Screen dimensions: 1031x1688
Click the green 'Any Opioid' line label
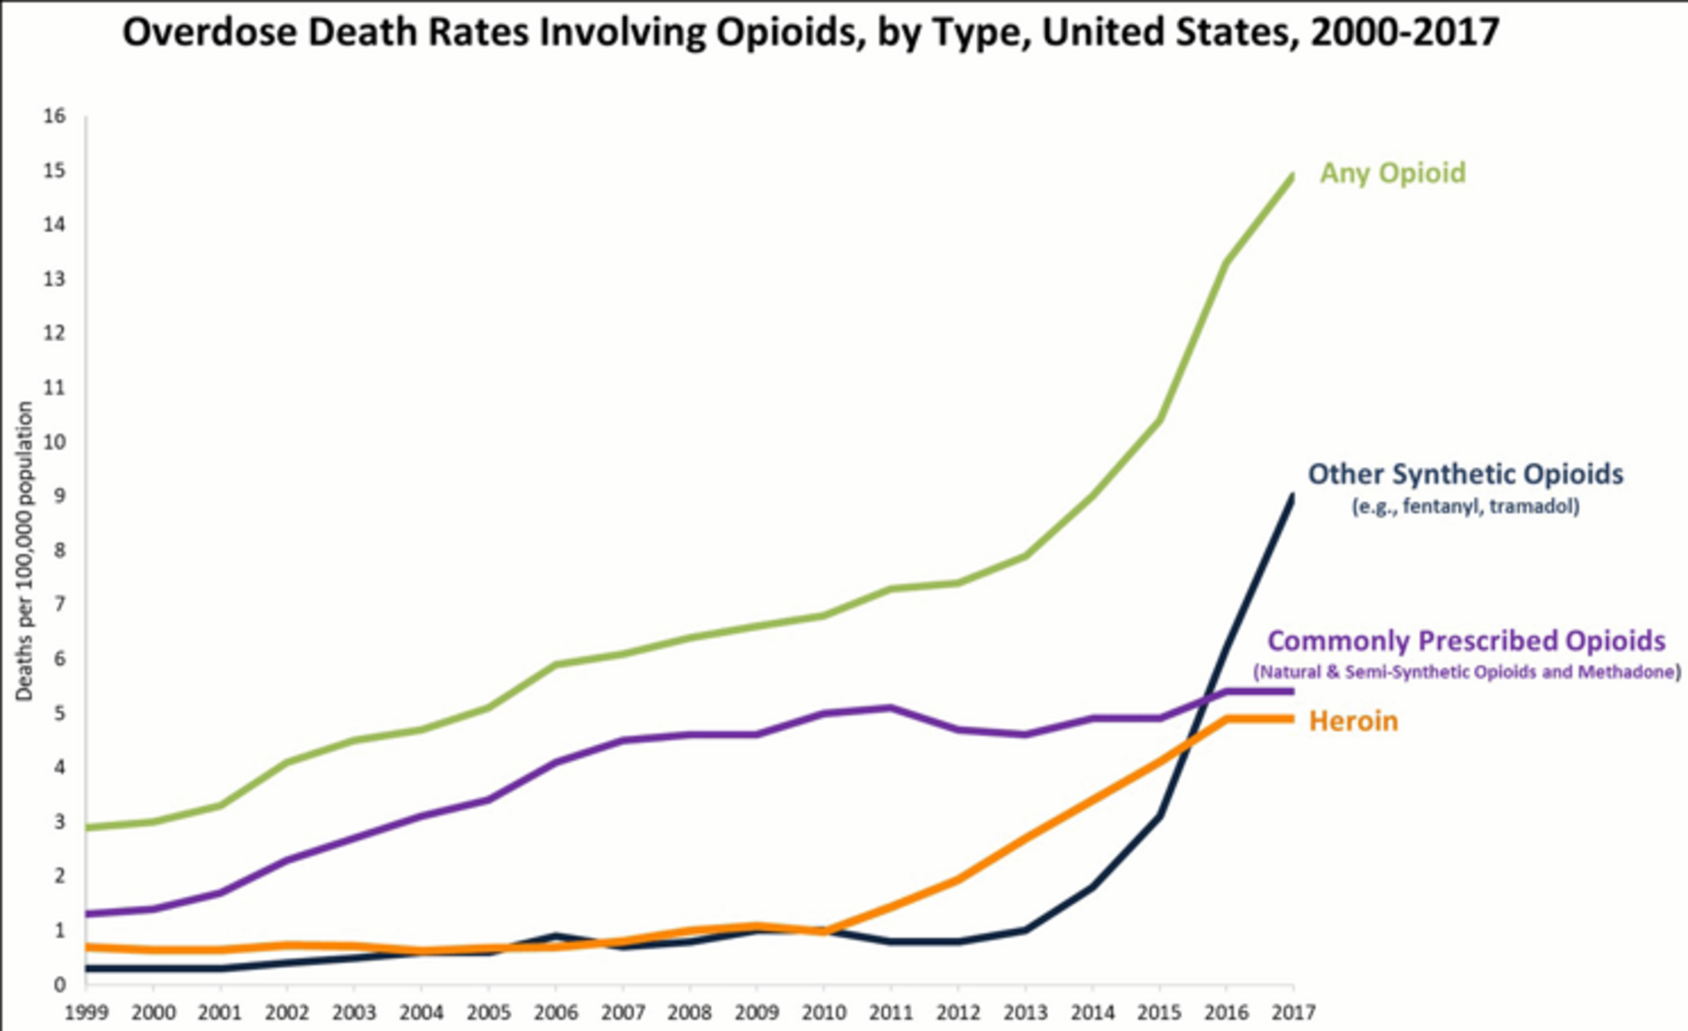coord(1392,173)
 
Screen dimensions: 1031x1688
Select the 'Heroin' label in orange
coord(1353,721)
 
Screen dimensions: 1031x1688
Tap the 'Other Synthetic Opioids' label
coord(1465,474)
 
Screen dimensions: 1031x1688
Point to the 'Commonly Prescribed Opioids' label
coord(1465,641)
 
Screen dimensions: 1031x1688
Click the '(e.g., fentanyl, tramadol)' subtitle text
coord(1465,507)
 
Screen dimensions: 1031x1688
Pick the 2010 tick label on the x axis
coord(824,1013)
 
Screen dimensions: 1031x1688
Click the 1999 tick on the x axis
coord(86,1013)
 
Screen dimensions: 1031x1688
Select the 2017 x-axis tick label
coord(1294,1013)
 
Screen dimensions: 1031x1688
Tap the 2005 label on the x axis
coord(489,1013)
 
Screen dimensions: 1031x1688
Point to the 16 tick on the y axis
coord(55,117)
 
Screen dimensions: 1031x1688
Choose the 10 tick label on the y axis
coord(55,443)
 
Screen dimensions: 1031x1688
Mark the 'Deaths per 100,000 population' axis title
coord(25,551)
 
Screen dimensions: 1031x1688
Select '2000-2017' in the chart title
coord(1404,33)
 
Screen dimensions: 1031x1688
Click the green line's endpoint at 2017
coord(1293,176)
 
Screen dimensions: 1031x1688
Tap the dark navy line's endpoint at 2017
coord(1293,497)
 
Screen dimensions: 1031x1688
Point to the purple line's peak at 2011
coord(891,707)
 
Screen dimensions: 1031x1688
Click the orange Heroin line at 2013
coord(1025,838)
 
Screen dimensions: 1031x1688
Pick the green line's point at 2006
coord(556,664)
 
